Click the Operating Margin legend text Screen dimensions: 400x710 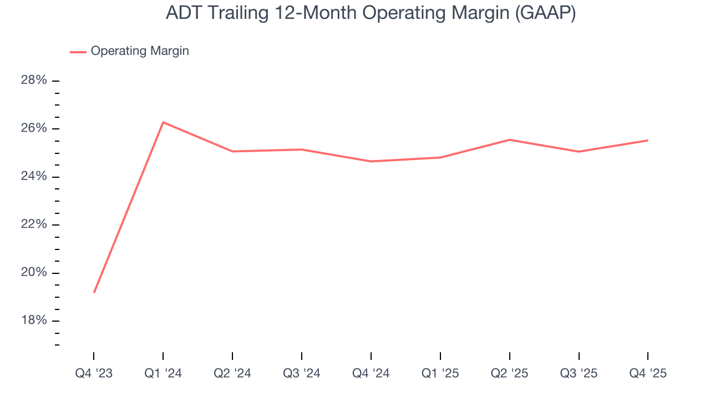tap(140, 51)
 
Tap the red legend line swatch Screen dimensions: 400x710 tap(78, 52)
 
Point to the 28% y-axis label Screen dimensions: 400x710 tap(34, 81)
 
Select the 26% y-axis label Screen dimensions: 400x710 tap(34, 128)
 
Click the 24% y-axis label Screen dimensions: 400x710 tap(34, 177)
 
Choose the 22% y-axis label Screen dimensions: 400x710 tap(34, 224)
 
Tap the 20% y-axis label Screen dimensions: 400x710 tap(34, 273)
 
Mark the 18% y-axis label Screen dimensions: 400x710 tap(34, 321)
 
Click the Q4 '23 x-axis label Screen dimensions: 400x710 tap(94, 373)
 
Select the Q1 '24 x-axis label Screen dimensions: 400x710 tap(163, 373)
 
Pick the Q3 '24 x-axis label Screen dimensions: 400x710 tap(301, 373)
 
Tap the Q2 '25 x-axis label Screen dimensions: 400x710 tap(509, 373)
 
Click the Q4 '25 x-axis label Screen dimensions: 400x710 tap(648, 373)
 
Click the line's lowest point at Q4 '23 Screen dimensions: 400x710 tap(94, 292)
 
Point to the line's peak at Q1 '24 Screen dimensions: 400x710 tap(163, 122)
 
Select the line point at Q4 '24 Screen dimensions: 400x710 tap(371, 161)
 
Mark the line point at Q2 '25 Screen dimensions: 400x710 tap(509, 139)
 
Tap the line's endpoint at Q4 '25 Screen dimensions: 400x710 tap(647, 141)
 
